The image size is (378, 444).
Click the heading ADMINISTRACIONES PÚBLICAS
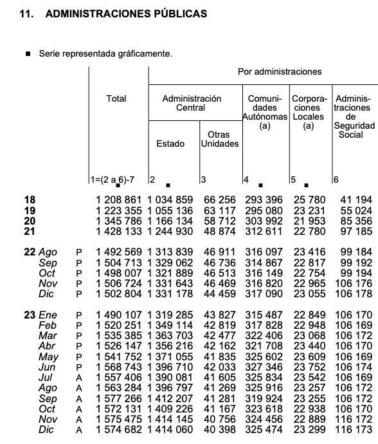click(x=127, y=13)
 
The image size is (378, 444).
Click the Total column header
click(x=116, y=98)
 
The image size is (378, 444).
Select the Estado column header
click(x=170, y=143)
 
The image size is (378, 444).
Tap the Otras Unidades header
click(x=219, y=139)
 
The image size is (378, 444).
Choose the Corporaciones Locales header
click(x=309, y=113)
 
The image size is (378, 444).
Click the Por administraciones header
click(x=280, y=71)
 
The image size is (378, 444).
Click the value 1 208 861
click(x=118, y=200)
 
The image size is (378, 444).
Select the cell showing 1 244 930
click(x=170, y=231)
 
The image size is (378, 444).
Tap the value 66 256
click(x=220, y=200)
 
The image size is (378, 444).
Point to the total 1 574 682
click(x=118, y=429)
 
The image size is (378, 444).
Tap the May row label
click(x=49, y=357)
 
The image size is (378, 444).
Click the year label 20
click(x=29, y=221)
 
